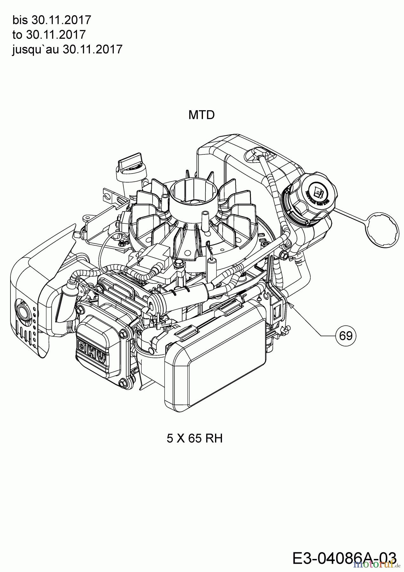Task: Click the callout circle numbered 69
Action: click(346, 335)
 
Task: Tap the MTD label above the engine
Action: click(201, 115)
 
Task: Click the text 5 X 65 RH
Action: click(194, 439)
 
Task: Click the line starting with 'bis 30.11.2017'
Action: click(52, 20)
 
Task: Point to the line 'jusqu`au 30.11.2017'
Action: click(67, 49)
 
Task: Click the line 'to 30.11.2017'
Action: click(49, 35)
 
